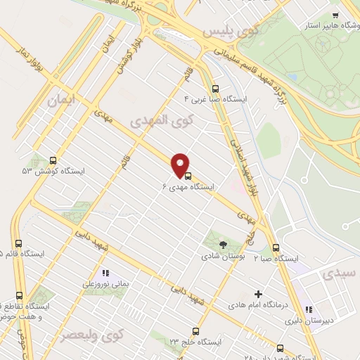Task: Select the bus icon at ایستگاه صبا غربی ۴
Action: [214, 89]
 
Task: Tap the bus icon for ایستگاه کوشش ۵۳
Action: [53, 161]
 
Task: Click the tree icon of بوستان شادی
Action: [224, 245]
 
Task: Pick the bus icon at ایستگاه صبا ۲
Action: [276, 247]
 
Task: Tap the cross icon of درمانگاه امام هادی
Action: [258, 294]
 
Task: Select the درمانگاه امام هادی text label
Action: [258, 306]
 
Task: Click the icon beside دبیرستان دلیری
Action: [309, 309]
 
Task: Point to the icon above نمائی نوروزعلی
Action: [105, 272]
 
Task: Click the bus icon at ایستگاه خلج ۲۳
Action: [195, 330]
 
